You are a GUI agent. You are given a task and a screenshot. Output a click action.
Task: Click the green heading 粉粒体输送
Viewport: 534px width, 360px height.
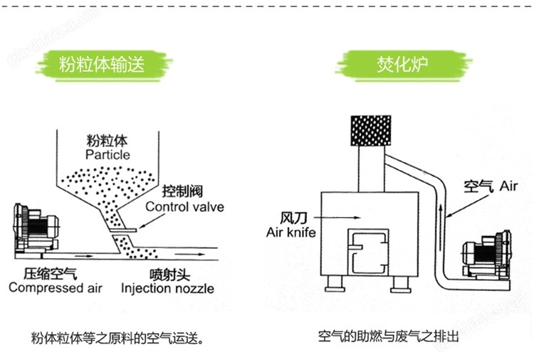coord(102,64)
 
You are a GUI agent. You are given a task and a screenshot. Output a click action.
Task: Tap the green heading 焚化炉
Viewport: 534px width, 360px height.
coord(402,64)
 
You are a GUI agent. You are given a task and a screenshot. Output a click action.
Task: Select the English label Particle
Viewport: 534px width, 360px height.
coord(108,155)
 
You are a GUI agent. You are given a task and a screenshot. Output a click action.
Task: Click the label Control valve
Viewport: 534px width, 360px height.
coord(185,207)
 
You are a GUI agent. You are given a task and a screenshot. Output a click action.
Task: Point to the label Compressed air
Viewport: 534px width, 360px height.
coord(56,288)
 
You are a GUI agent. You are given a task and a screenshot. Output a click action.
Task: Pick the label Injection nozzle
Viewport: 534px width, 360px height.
coord(167,289)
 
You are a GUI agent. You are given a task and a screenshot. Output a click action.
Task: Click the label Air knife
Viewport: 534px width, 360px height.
coord(290,233)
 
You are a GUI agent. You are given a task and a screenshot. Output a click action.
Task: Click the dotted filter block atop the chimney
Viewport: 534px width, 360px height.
coord(371,131)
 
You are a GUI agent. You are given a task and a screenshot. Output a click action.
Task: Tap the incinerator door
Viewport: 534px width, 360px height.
coord(368,252)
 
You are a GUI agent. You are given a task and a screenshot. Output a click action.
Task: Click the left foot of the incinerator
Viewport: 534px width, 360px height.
coord(335,284)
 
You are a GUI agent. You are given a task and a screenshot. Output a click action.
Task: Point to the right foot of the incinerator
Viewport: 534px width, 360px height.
coord(400,285)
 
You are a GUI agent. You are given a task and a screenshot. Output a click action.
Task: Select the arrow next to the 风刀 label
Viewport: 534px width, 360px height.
coord(337,218)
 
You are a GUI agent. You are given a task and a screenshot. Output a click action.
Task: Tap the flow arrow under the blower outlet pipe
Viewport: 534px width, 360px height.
coord(83,256)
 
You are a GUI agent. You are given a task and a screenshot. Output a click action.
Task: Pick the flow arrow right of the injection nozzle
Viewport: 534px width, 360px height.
coord(190,254)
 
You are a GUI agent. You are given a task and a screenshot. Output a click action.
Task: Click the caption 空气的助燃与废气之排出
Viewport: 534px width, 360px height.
coord(389,337)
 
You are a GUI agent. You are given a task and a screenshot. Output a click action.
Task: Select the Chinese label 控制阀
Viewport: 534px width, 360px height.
coord(182,191)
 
